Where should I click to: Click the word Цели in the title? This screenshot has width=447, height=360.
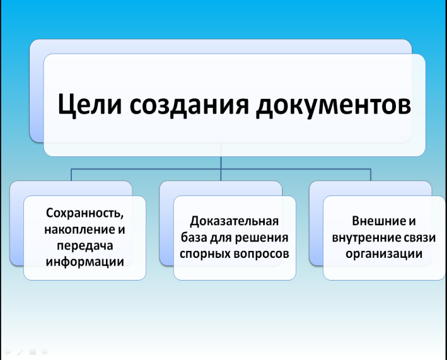(90, 104)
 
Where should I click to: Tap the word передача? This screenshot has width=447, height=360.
(84, 246)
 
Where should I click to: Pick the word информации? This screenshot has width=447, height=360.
(84, 262)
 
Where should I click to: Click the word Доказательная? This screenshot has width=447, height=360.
(234, 221)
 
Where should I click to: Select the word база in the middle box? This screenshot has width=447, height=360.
(194, 238)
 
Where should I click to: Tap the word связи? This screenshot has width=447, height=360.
(420, 238)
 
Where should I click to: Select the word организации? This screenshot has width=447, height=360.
(384, 254)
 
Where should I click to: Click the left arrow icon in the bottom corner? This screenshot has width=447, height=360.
(8, 352)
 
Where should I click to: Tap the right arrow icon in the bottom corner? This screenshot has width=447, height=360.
(45, 352)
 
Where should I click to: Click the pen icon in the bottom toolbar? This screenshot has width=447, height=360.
(20, 352)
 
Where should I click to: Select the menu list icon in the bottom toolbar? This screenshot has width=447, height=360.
(33, 352)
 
